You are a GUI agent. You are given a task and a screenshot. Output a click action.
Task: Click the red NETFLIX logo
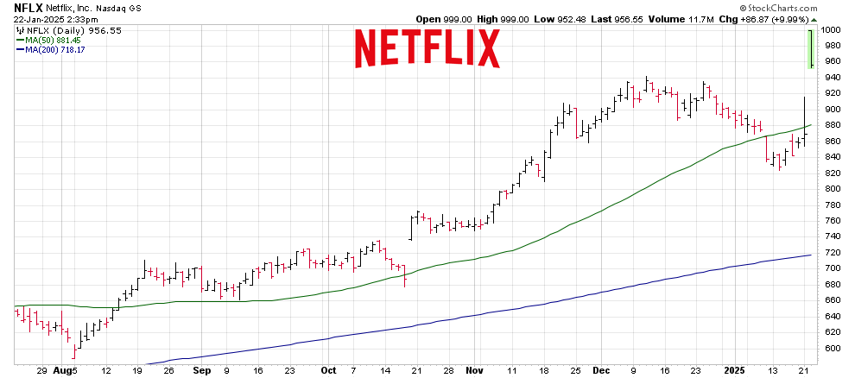pos(427,48)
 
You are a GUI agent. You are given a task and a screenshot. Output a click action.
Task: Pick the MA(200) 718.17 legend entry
pos(54,49)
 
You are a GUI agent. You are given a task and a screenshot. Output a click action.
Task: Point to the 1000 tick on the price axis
pos(831,29)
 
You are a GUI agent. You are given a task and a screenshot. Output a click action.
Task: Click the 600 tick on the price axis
pos(830,349)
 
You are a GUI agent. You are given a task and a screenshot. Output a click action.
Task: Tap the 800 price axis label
pos(830,189)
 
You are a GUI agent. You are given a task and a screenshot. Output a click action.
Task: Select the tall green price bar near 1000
pos(811,48)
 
